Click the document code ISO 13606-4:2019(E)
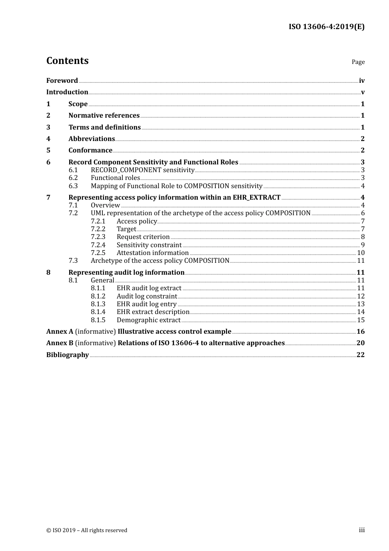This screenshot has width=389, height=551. coord(326,27)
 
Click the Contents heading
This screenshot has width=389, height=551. coord(67,61)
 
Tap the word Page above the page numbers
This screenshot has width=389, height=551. coord(358,62)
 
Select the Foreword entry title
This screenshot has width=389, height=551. coord(62,81)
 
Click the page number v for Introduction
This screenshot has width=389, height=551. coord(362,92)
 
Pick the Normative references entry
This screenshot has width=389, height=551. coord(104,116)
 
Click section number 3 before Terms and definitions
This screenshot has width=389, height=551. coord(48,128)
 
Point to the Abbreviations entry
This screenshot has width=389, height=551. coord(92,139)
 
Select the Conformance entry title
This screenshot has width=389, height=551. coord(90,150)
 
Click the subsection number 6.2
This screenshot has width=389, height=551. coord(73,178)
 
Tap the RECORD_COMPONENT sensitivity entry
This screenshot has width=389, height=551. coord(142,170)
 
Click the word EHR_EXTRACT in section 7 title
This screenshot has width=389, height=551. coord(257,198)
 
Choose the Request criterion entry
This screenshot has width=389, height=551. coord(143,237)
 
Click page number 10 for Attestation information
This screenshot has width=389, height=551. coord(361,253)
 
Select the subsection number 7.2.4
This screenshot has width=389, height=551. coord(98,245)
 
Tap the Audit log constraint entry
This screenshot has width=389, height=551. coord(147,296)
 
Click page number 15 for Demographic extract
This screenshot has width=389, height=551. coord(361,320)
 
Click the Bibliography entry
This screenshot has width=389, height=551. coord(68,355)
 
